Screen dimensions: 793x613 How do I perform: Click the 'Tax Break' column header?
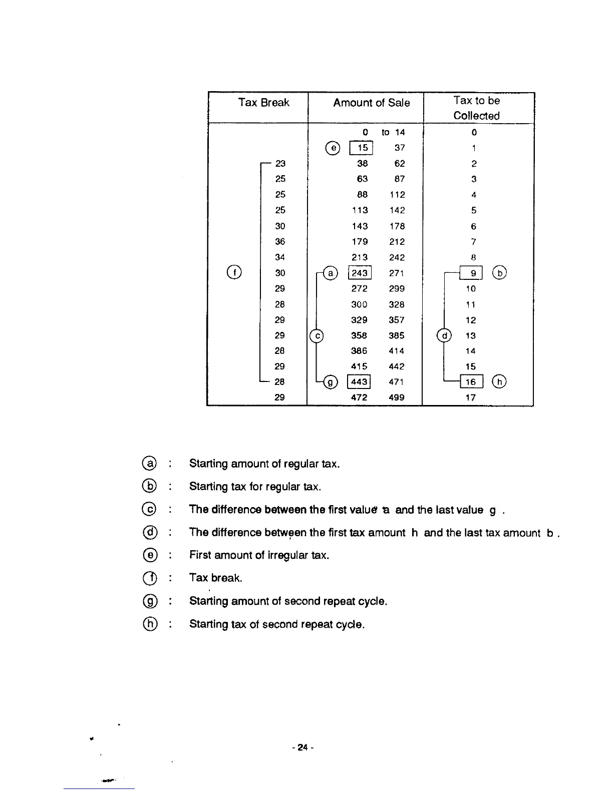click(263, 103)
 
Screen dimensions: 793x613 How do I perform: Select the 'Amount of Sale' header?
click(371, 103)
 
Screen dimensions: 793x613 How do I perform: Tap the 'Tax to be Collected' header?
click(476, 108)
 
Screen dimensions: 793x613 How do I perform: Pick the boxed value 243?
click(360, 273)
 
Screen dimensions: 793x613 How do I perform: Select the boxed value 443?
click(359, 382)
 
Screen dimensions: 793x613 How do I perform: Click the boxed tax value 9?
click(472, 273)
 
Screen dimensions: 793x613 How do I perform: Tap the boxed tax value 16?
click(471, 382)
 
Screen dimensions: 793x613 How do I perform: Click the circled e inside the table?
click(333, 148)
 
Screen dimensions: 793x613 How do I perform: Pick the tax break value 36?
click(280, 241)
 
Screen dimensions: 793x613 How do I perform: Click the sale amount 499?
click(397, 398)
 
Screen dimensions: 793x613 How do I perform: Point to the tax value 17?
click(470, 398)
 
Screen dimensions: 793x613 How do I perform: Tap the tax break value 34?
click(280, 257)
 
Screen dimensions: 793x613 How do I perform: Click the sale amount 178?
click(397, 226)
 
